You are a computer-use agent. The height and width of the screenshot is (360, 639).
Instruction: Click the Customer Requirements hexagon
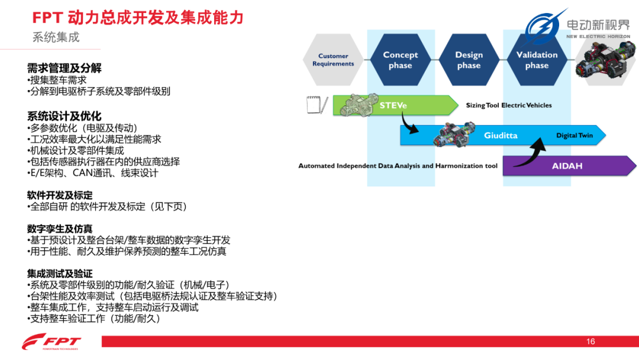(x=333, y=60)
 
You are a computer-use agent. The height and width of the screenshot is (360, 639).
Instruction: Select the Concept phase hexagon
(x=400, y=60)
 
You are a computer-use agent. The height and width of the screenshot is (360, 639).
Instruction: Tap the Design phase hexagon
(x=469, y=60)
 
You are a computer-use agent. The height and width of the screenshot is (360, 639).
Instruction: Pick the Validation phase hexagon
(x=537, y=60)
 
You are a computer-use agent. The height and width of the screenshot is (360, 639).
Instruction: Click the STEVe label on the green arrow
(x=393, y=105)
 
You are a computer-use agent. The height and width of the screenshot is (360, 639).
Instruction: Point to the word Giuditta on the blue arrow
(x=501, y=136)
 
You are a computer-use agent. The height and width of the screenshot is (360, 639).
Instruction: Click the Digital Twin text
(x=575, y=136)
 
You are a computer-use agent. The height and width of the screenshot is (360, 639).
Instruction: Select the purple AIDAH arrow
(x=569, y=166)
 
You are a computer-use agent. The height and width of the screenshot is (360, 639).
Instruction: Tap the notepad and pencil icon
(x=317, y=105)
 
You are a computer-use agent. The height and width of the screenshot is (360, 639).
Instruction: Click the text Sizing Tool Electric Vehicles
(x=509, y=105)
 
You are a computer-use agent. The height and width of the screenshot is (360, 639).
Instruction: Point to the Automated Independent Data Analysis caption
(x=398, y=166)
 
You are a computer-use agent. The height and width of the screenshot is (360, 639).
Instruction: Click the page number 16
(x=590, y=342)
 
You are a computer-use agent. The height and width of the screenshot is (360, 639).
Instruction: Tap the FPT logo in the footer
(x=51, y=342)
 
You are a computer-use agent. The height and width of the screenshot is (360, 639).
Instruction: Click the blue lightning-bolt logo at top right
(x=544, y=27)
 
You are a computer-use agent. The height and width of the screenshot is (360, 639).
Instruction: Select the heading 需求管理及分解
(x=64, y=68)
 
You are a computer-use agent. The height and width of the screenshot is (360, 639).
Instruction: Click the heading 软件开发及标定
(x=60, y=195)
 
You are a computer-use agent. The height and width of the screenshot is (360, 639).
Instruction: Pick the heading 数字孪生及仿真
(x=60, y=229)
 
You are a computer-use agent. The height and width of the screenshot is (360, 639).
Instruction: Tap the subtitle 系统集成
(x=56, y=37)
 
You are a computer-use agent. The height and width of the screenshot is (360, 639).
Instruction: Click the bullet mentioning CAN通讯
(x=92, y=173)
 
